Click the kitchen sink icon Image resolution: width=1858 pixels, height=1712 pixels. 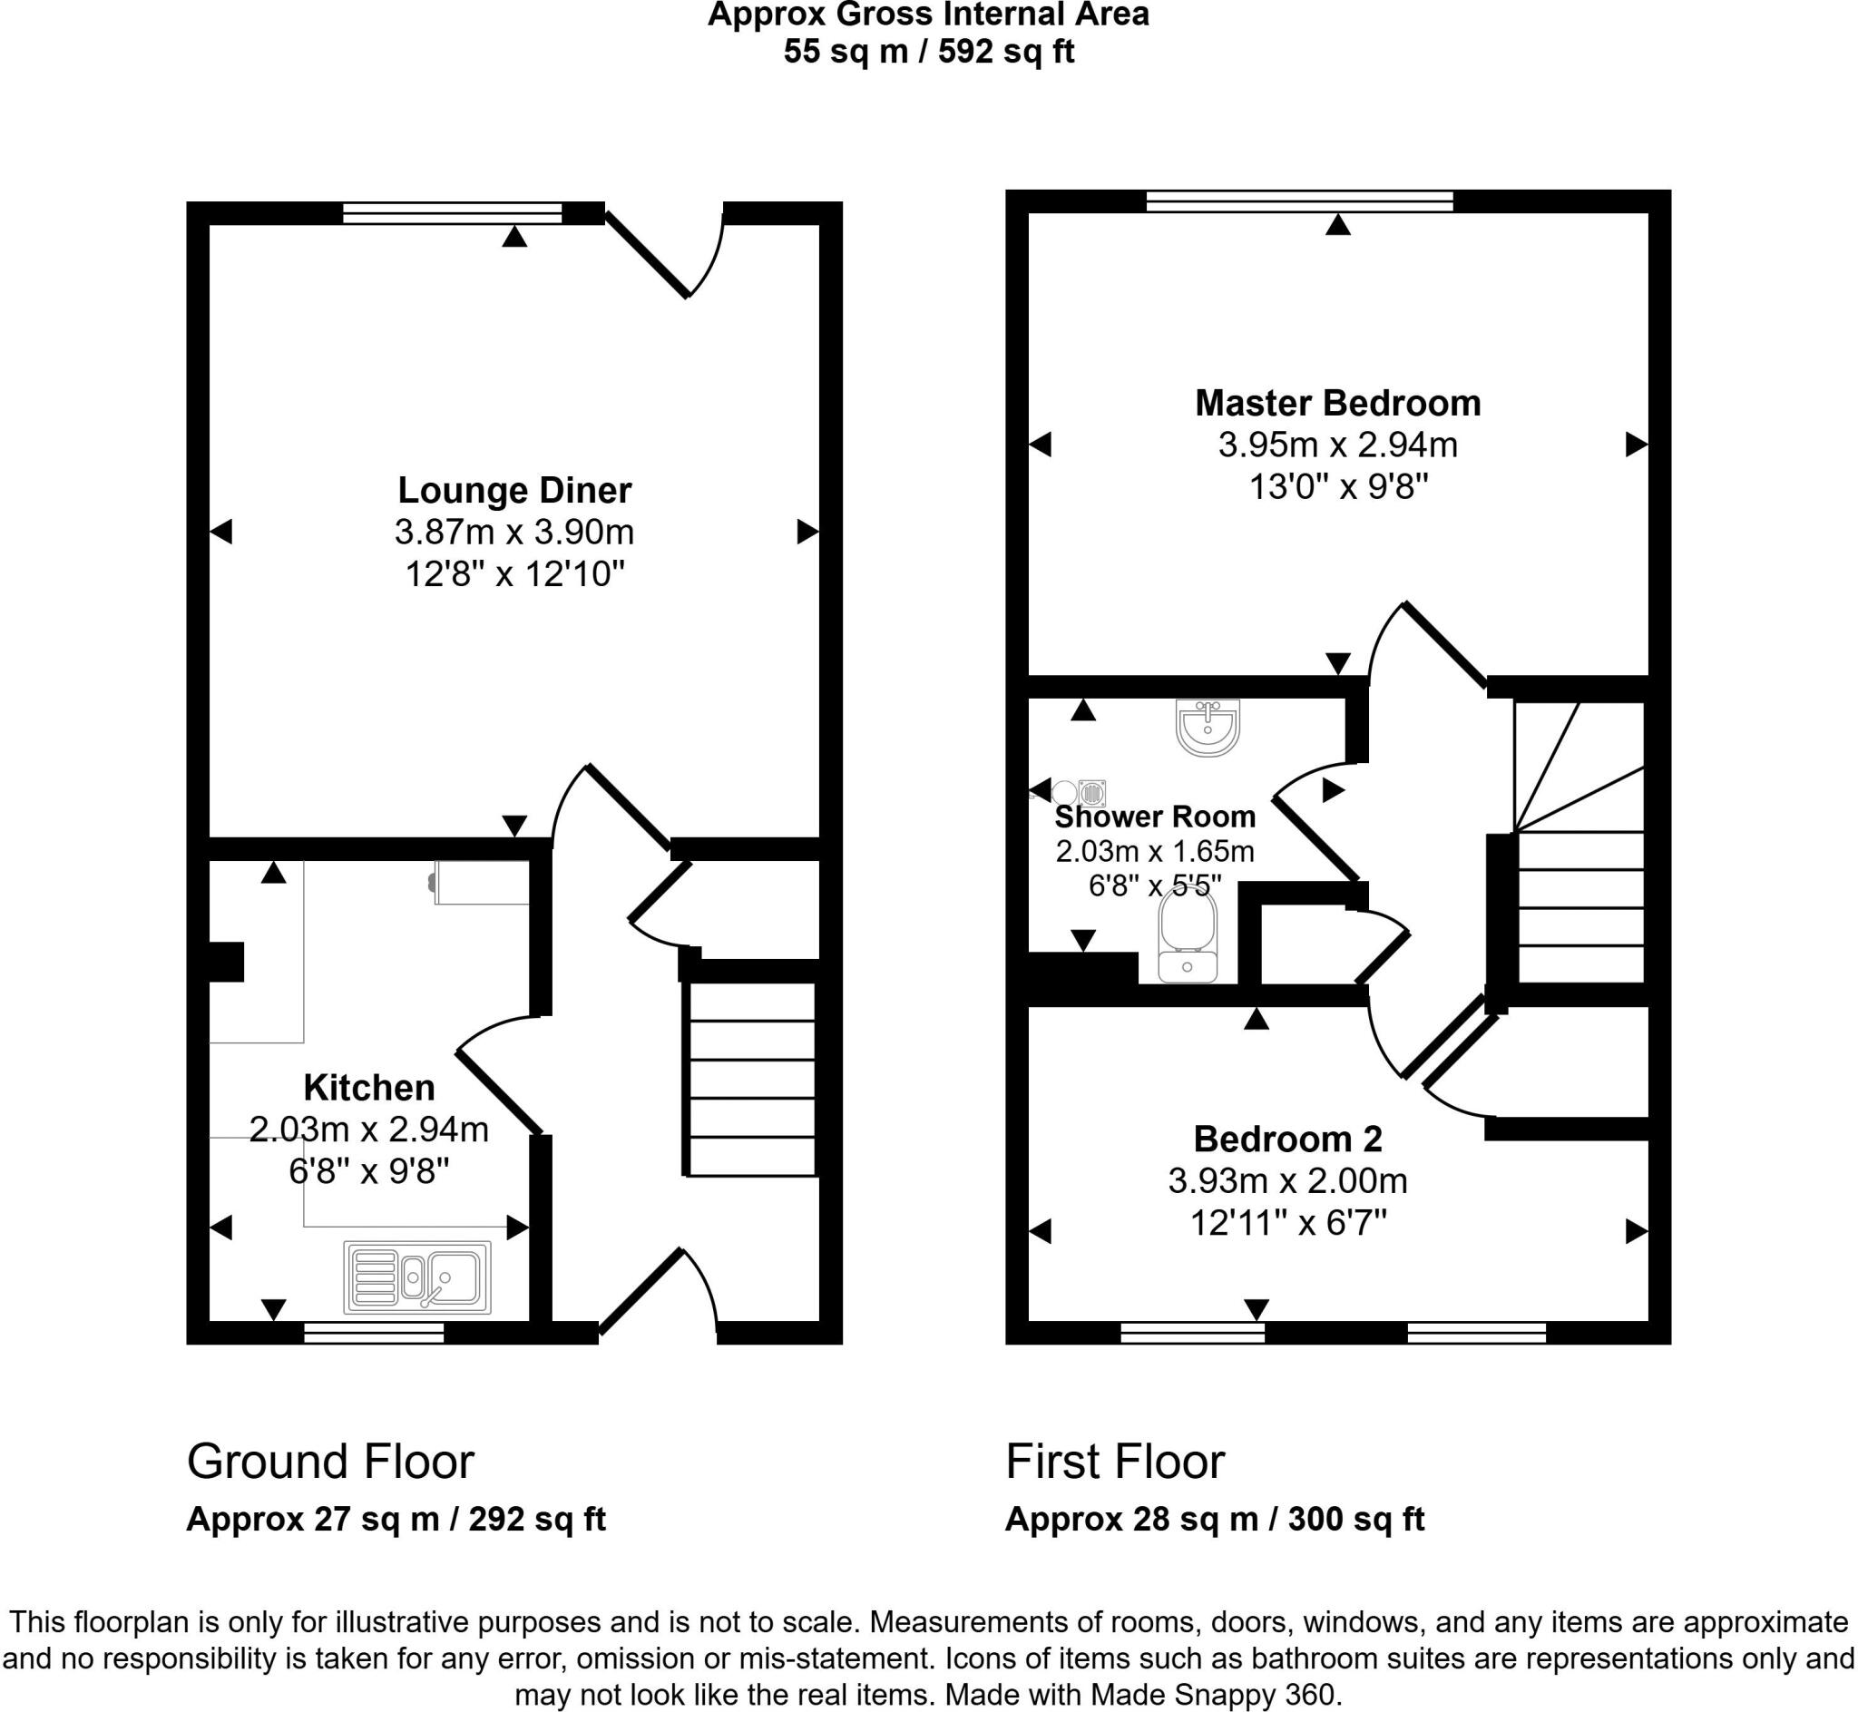pyautogui.click(x=416, y=1277)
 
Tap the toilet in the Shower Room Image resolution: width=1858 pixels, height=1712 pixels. pyautogui.click(x=1188, y=938)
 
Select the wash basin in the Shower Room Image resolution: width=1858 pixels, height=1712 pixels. pyautogui.click(x=1207, y=727)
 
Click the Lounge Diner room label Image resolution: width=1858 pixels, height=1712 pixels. pyautogui.click(x=514, y=490)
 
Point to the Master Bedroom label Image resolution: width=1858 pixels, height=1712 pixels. pyautogui.click(x=1337, y=403)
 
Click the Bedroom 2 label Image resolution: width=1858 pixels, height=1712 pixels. pyautogui.click(x=1287, y=1139)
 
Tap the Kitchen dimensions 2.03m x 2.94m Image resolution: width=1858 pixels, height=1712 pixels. pyautogui.click(x=368, y=1130)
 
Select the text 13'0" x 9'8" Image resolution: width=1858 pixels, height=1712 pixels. pyautogui.click(x=1337, y=486)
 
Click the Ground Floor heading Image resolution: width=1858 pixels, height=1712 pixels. pyautogui.click(x=329, y=1462)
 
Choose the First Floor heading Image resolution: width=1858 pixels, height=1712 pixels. pyautogui.click(x=1114, y=1462)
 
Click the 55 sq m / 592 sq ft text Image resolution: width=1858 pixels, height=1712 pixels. pyautogui.click(x=928, y=51)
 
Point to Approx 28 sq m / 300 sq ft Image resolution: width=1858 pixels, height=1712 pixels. pyautogui.click(x=1214, y=1520)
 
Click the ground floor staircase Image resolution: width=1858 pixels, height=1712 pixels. pyautogui.click(x=751, y=1080)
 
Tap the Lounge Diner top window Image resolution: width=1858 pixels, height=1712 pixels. pyautogui.click(x=452, y=213)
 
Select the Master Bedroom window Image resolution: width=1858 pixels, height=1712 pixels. pyautogui.click(x=1298, y=201)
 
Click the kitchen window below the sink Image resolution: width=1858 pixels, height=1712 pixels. pyautogui.click(x=373, y=1333)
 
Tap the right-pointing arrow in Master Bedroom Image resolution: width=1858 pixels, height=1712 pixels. pyautogui.click(x=1636, y=445)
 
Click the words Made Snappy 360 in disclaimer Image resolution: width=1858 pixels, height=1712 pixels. pyautogui.click(x=1213, y=1695)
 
